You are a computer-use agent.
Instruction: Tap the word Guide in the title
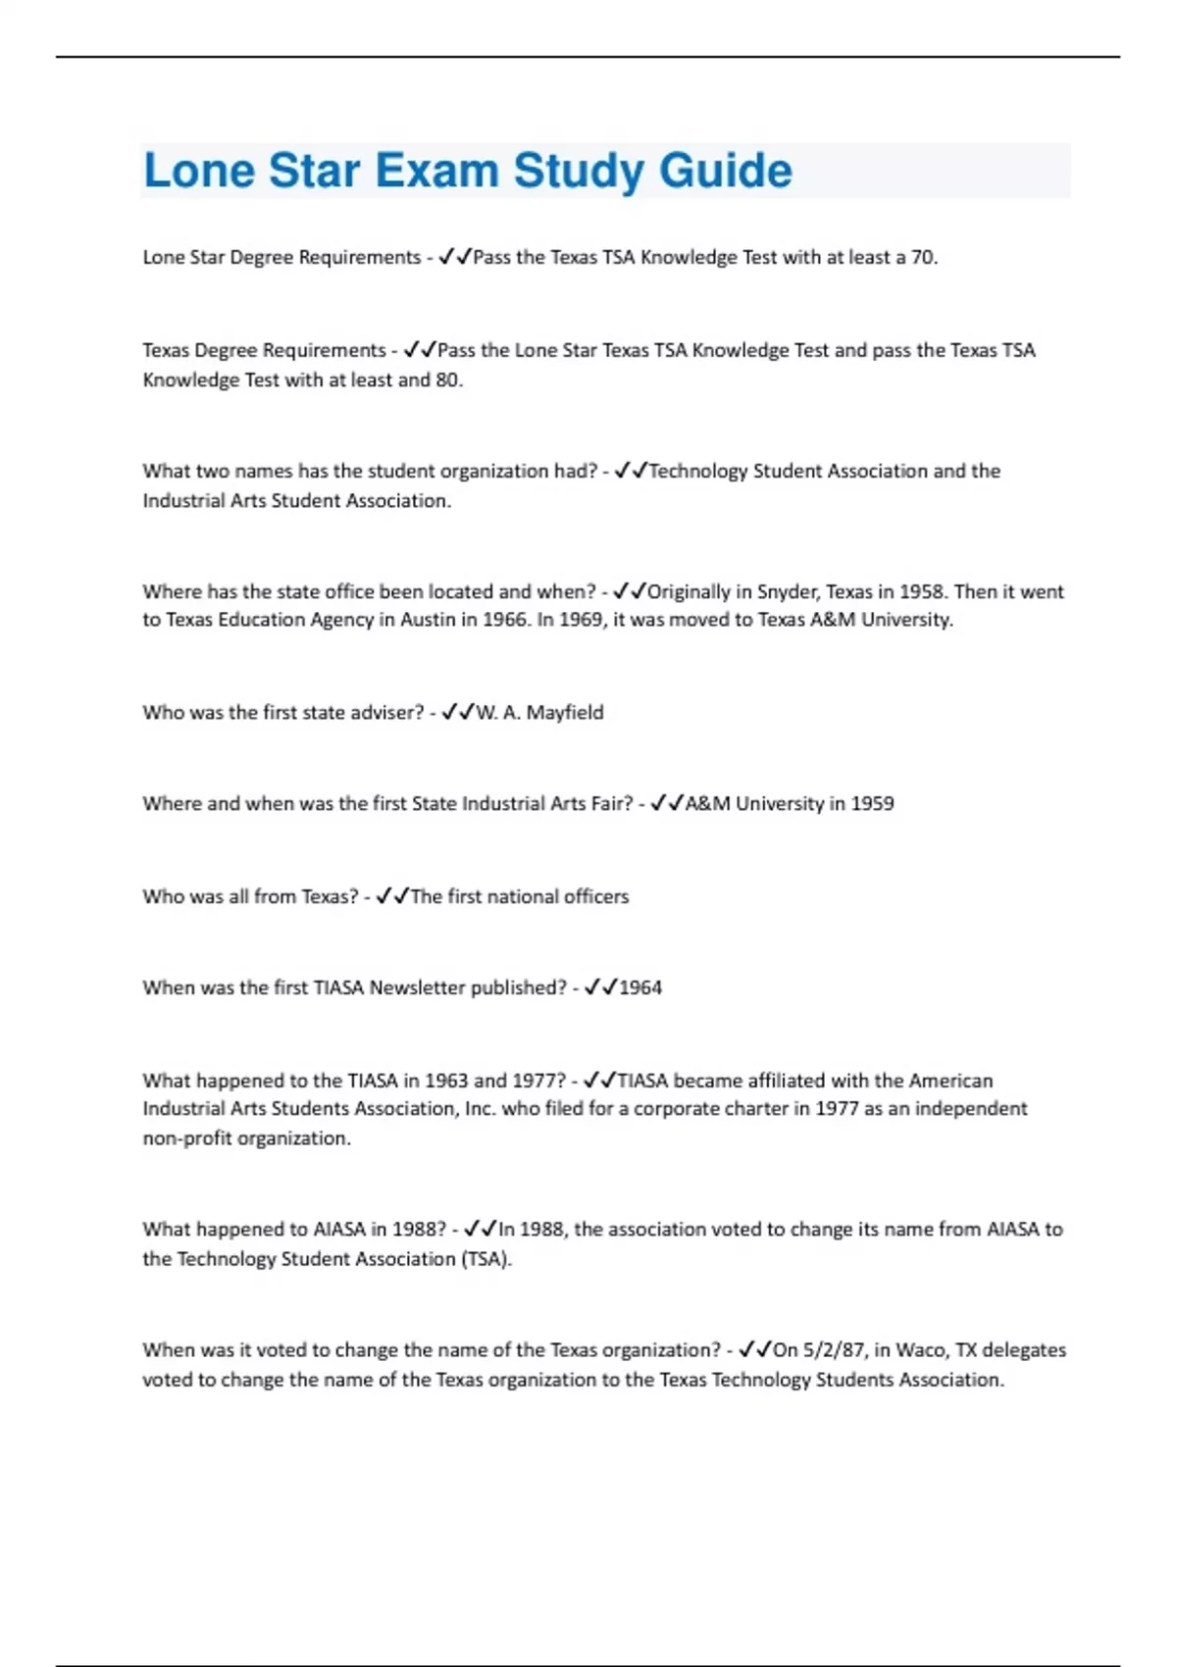tap(725, 171)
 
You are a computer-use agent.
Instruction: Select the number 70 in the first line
tap(922, 257)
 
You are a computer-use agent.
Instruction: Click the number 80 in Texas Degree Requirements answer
tap(446, 379)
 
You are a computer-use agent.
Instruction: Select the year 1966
tap(504, 620)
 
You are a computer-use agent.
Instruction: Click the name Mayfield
tap(565, 712)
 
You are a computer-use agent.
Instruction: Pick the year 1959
tap(872, 803)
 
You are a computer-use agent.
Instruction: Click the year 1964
tap(640, 987)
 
